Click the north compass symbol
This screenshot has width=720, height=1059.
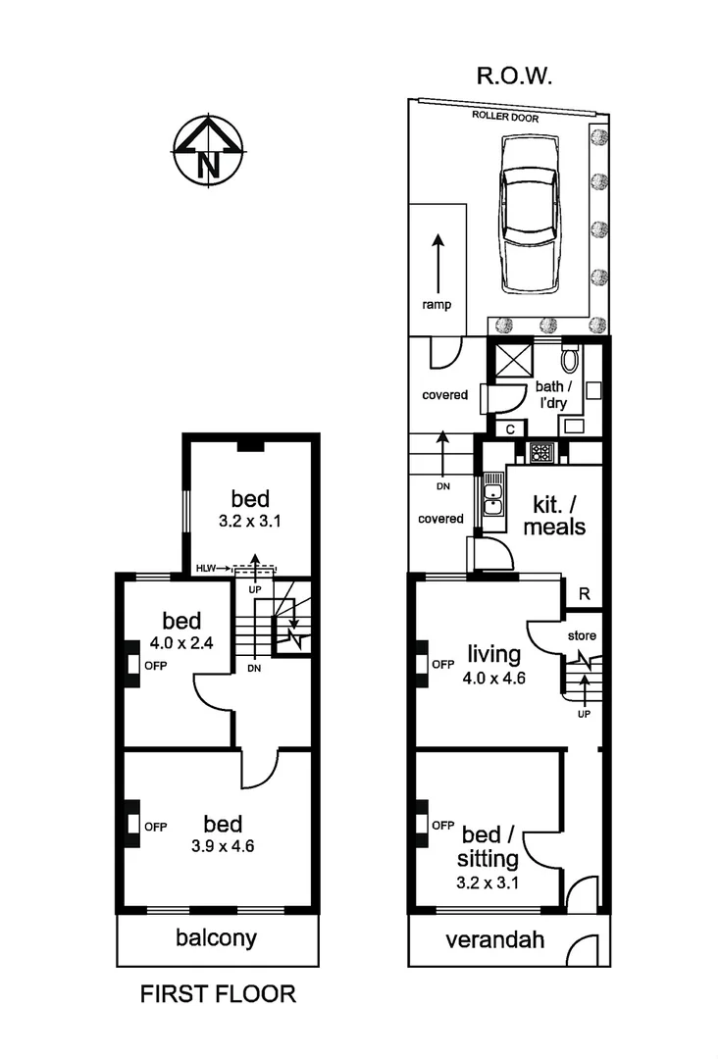click(x=208, y=152)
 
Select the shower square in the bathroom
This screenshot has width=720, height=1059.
click(x=513, y=362)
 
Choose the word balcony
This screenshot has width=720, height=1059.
click(x=216, y=937)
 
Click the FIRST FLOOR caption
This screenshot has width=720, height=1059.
click(x=218, y=993)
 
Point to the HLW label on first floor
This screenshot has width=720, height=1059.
click(x=206, y=568)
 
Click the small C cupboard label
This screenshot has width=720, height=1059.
click(x=510, y=429)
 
